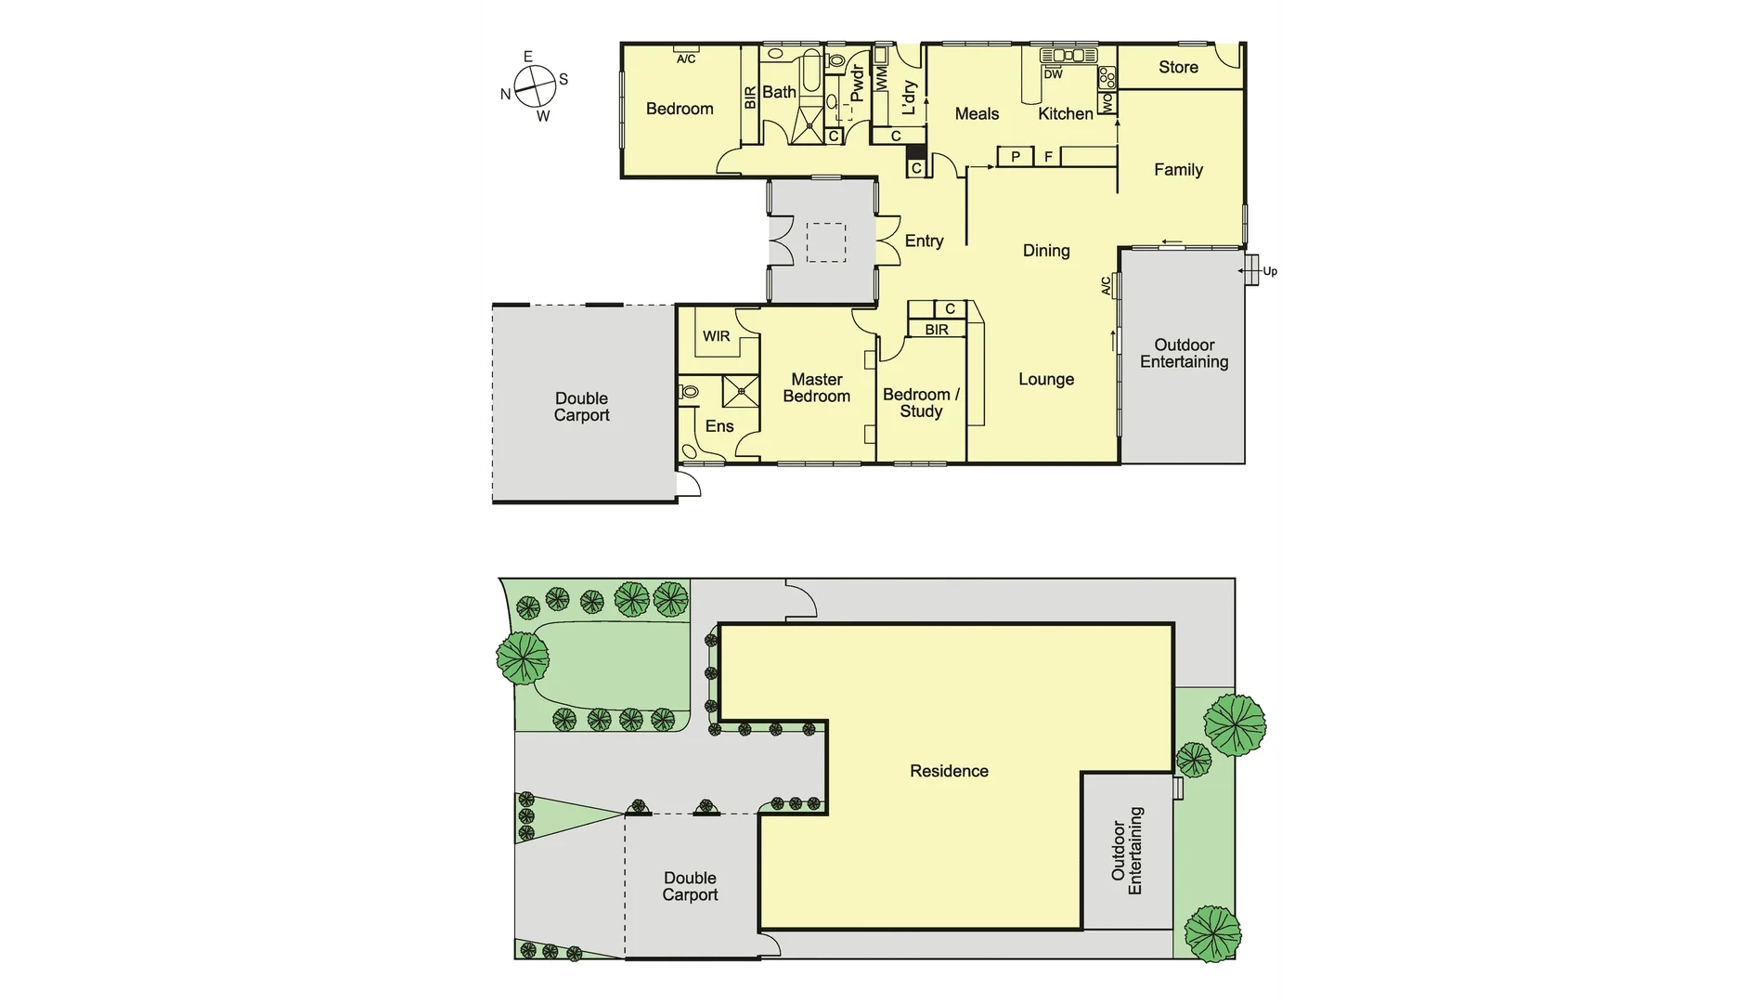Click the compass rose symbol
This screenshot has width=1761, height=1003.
pos(534,85)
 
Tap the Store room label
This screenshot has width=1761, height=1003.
pos(1178,67)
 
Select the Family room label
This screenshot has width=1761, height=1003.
pos(1178,170)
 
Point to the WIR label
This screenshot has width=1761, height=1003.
pos(716,336)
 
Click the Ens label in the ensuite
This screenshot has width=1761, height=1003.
pos(719,426)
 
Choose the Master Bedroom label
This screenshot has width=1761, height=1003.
pos(816,388)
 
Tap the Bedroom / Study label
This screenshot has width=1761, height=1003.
pos(921,403)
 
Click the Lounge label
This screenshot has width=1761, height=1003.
pos(1046,379)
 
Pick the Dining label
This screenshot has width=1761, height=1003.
pos(1046,251)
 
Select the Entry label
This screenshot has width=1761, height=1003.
pos(924,241)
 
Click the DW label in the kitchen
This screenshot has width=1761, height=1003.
pos(1053,74)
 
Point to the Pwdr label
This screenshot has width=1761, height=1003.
pos(857,83)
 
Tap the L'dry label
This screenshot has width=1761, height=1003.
pos(909,98)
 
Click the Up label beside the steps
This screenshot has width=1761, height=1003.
pos(1269,271)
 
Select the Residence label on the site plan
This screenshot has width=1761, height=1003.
pos(949,771)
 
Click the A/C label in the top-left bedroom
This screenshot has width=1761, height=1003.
pos(686,59)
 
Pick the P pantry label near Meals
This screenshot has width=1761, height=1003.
pos(1016,157)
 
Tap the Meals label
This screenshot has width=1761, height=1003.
pos(977,114)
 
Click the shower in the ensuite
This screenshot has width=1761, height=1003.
pos(741,391)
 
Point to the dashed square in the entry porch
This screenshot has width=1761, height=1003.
pos(825,242)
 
